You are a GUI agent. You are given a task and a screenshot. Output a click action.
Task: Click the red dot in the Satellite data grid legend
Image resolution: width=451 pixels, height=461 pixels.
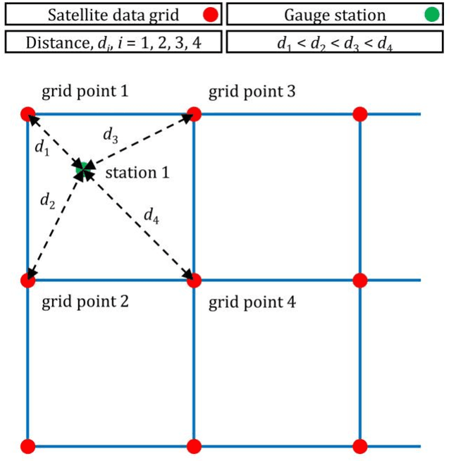pos(209,14)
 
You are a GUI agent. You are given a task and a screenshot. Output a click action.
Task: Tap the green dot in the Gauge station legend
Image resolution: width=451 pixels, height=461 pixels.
pos(432,14)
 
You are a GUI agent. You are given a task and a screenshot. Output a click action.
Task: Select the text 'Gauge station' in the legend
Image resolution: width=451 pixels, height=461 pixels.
pos(326,14)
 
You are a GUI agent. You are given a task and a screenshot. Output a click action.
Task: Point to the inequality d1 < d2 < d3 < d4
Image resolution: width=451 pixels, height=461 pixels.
pos(336,42)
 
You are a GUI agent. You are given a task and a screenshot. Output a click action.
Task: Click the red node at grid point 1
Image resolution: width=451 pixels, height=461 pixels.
pos(27,114)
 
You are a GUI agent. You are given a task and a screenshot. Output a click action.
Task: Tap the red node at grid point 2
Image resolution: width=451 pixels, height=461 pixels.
pos(27,281)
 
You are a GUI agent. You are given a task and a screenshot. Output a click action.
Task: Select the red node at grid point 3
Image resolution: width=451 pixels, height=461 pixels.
pos(194,114)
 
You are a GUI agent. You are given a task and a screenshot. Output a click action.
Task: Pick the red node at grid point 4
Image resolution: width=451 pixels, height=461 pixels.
pos(194,281)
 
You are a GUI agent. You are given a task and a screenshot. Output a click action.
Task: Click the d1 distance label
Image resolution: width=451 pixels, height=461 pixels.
pos(42,147)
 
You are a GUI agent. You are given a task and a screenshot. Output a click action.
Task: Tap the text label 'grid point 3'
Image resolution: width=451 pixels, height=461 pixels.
pos(252,92)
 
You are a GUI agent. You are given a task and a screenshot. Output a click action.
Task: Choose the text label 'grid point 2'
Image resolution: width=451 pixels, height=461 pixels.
pos(85,303)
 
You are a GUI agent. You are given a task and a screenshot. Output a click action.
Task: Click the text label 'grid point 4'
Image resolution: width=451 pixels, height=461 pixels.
pos(252,304)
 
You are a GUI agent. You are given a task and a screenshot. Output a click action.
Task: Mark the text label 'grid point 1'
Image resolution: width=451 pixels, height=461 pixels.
pos(85,92)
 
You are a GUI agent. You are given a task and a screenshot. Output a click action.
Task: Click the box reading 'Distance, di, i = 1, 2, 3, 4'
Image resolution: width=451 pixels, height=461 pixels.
pos(113,42)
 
